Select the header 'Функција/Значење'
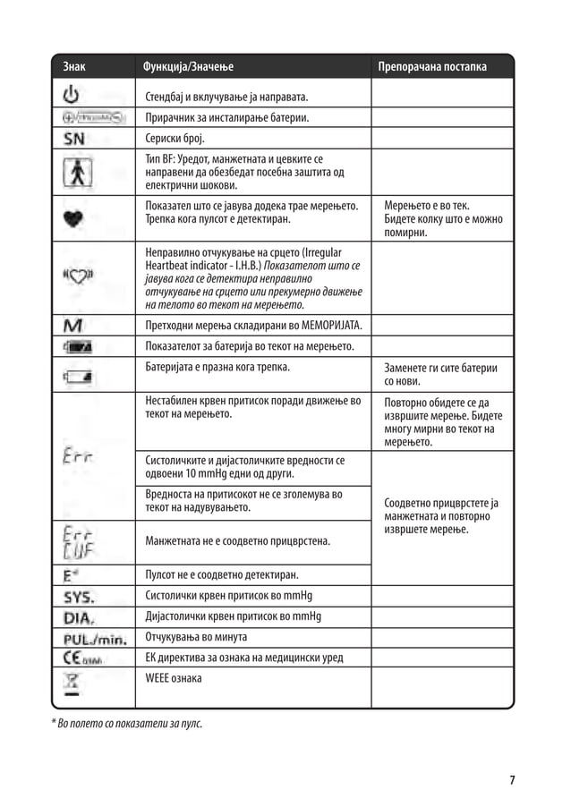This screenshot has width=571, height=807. [x=182, y=67]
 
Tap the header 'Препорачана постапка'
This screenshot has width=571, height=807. [x=432, y=67]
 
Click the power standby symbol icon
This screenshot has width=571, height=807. [x=72, y=93]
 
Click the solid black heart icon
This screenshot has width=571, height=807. [x=73, y=217]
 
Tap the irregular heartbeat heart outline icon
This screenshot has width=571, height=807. [x=77, y=276]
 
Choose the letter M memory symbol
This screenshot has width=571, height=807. [x=72, y=324]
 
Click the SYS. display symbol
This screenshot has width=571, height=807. [x=80, y=595]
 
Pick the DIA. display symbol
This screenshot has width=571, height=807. [x=79, y=616]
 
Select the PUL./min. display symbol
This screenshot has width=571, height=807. [x=94, y=638]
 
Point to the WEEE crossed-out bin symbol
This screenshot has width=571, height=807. [x=72, y=684]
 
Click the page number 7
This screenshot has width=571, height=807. [x=512, y=780]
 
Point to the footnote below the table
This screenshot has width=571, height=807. [x=126, y=722]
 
